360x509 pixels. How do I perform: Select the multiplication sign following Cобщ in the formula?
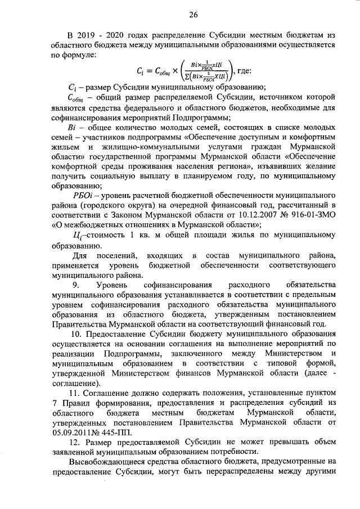pos(167,71)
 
